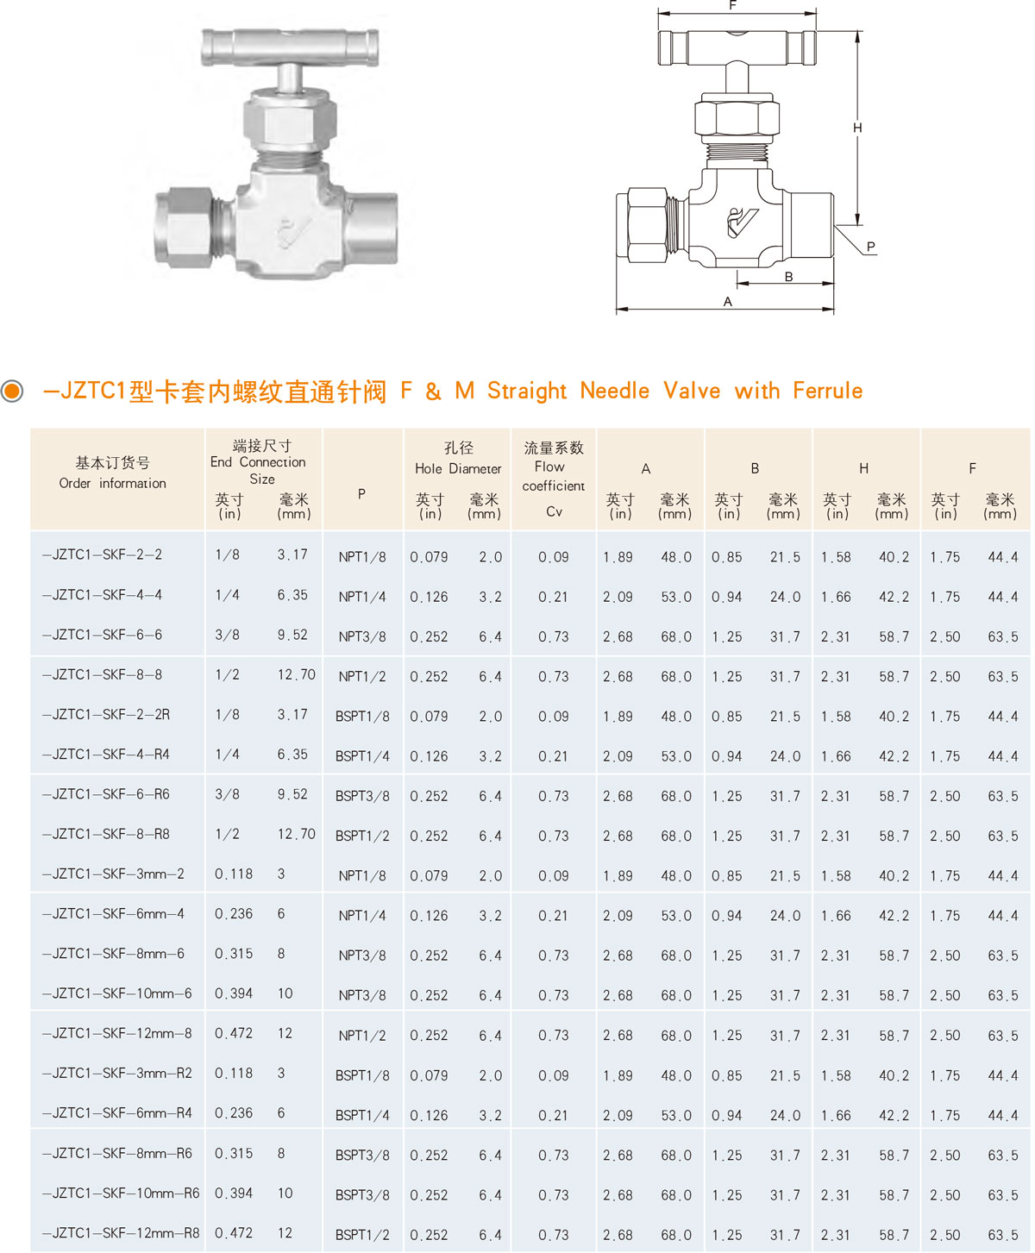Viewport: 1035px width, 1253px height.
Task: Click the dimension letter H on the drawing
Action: click(856, 128)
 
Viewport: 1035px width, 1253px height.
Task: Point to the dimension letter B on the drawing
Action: click(788, 277)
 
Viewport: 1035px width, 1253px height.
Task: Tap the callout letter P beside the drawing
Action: click(870, 247)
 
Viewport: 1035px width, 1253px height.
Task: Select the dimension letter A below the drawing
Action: click(727, 301)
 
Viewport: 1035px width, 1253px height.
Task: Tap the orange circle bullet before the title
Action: click(11, 391)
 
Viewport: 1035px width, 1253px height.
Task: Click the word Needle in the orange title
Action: click(614, 391)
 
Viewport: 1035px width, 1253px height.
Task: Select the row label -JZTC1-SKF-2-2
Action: click(102, 554)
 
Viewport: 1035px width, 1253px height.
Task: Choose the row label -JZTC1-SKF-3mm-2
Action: click(113, 874)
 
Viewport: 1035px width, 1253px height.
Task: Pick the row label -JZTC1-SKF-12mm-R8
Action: click(120, 1232)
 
